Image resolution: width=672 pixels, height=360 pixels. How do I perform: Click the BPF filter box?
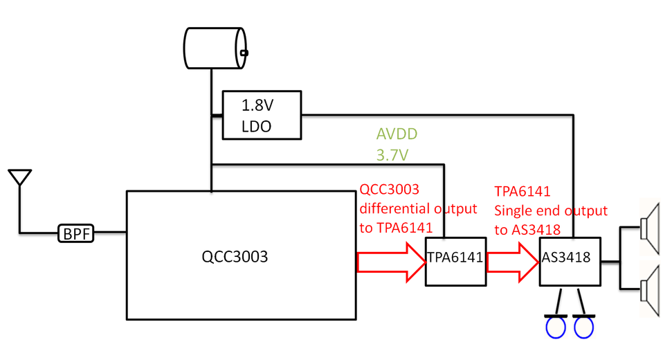point(76,233)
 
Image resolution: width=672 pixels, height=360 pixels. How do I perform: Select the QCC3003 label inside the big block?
point(235,256)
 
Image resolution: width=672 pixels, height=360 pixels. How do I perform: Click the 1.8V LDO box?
point(262,115)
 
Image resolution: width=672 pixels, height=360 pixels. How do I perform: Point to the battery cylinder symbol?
point(215,48)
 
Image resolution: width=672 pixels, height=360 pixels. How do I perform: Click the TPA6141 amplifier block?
point(455,262)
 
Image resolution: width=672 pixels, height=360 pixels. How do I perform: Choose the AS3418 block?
point(570,262)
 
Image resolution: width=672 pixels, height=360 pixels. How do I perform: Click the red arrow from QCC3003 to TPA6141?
point(391,262)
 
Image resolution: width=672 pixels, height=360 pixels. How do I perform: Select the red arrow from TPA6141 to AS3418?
point(513,262)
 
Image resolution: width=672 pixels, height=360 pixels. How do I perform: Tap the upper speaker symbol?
point(650,229)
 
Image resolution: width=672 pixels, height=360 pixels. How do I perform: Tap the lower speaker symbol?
point(650,291)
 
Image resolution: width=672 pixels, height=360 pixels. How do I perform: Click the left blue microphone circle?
point(556,327)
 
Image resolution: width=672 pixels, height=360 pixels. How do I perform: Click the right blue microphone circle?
point(583,327)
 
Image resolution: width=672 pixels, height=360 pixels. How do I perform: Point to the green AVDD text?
point(397,134)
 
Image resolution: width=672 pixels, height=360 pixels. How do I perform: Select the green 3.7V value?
point(392,154)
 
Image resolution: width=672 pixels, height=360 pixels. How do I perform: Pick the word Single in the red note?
point(516,211)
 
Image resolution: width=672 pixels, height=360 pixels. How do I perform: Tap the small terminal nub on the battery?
point(244,53)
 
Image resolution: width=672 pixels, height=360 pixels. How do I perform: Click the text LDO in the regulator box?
point(256,127)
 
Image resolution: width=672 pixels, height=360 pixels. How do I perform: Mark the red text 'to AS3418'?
point(527,230)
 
